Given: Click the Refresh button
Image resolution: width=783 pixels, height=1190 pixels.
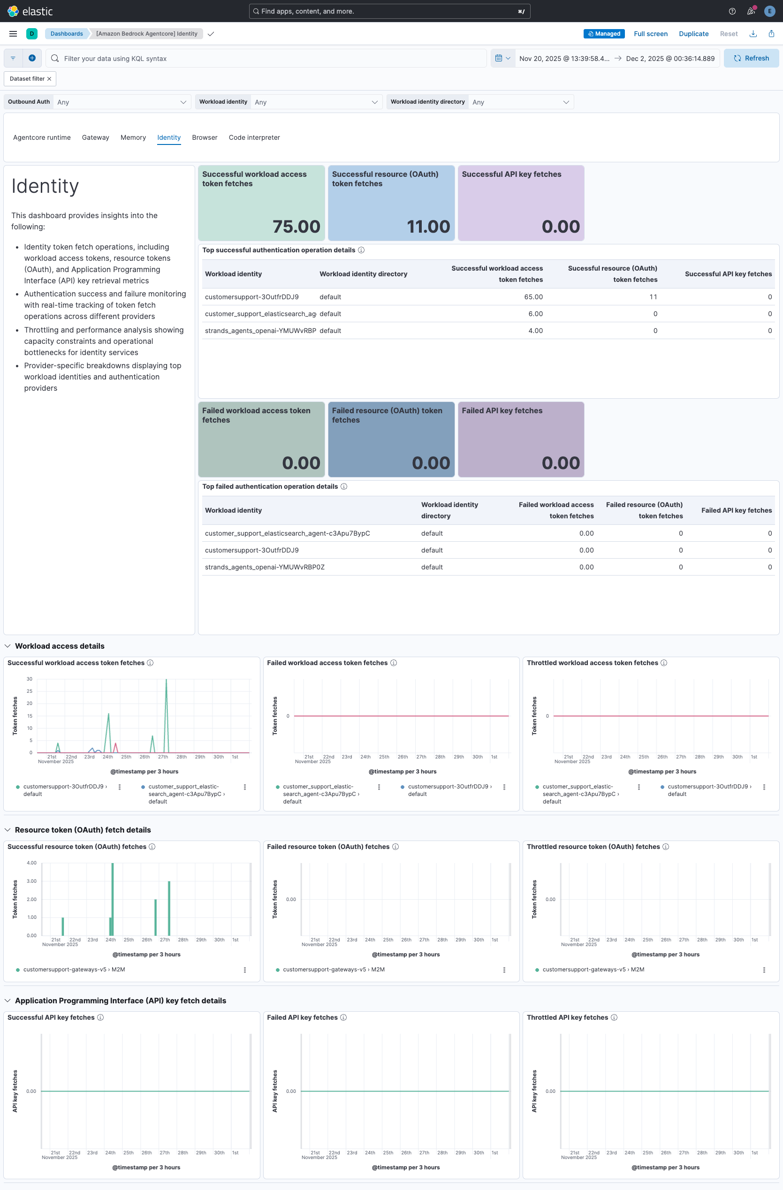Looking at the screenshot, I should (x=751, y=59).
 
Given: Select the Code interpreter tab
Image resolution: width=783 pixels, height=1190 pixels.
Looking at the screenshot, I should (x=254, y=137).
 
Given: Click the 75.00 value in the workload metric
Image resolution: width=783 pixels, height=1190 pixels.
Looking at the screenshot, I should (x=296, y=227).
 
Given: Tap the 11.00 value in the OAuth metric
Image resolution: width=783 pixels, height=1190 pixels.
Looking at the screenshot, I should (x=428, y=227).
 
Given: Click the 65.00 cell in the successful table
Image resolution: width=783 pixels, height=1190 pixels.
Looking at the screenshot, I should (x=533, y=297).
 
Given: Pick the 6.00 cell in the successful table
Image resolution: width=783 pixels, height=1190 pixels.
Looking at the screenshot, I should (x=535, y=314).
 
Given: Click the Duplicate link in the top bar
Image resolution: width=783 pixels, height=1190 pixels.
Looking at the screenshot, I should (x=693, y=34).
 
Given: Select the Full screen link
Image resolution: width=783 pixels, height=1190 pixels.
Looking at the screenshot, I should (x=650, y=34).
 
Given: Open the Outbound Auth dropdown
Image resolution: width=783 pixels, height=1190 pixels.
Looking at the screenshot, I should (x=122, y=102).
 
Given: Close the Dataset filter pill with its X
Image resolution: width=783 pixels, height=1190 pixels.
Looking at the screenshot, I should (x=49, y=79).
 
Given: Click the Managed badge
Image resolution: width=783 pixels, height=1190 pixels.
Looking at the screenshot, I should (x=603, y=34).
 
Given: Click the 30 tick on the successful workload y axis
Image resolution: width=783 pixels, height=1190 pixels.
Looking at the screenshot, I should (x=30, y=679).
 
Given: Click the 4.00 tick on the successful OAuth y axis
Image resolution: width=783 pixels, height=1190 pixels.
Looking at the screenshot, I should (x=31, y=863).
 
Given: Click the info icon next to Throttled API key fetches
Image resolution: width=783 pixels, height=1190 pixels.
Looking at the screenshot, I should (x=614, y=1017).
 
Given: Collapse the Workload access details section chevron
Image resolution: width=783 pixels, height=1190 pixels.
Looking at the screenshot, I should (x=8, y=646).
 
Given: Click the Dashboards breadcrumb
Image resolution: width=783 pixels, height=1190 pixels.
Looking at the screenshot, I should (x=67, y=34).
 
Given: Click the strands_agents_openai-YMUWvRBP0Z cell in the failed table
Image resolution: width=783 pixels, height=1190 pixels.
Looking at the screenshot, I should (x=265, y=567).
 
